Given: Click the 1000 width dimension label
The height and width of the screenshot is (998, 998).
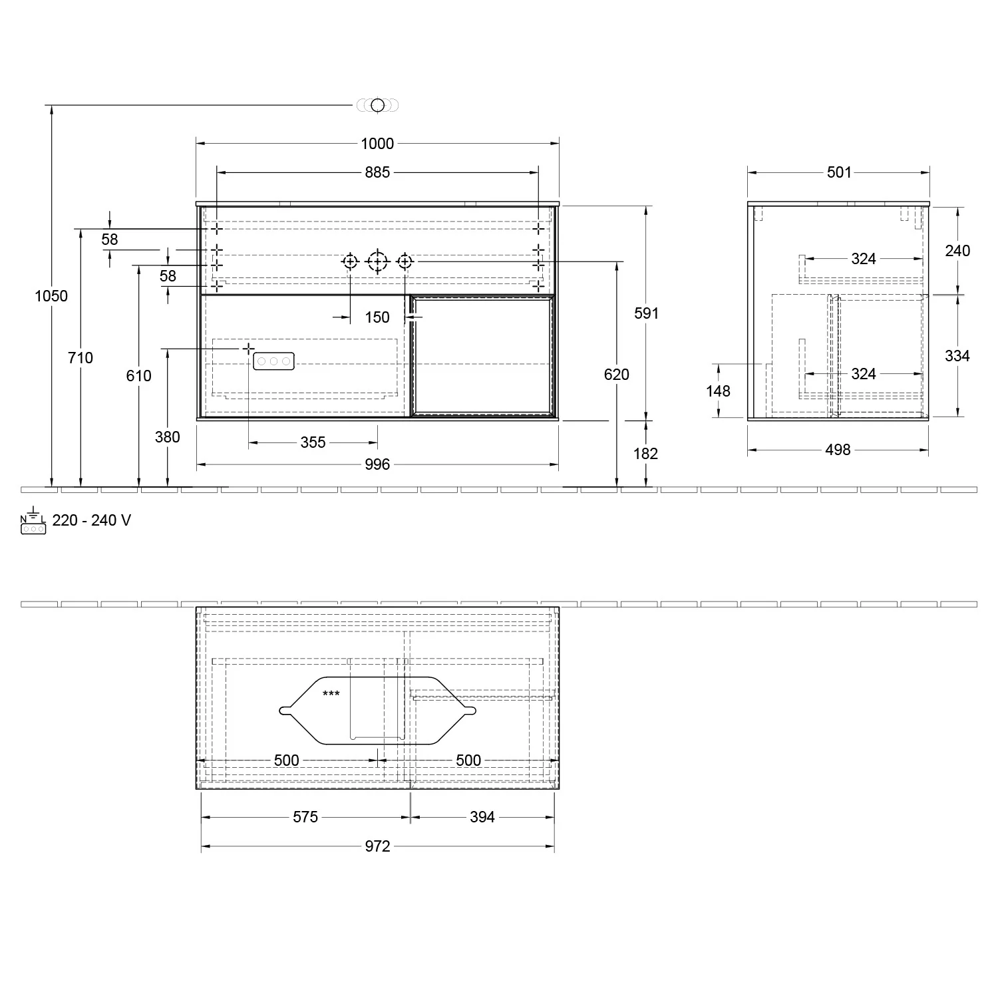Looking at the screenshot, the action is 377,144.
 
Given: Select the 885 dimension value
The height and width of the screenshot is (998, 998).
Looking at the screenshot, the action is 377,172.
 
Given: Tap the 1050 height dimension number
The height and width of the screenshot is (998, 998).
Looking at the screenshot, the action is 51,296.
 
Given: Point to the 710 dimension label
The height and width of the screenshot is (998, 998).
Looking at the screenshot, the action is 81,358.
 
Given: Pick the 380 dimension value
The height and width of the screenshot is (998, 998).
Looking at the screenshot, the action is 168,437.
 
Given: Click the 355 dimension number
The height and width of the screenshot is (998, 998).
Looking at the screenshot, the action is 313,442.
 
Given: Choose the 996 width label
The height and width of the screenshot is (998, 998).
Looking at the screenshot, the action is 377,464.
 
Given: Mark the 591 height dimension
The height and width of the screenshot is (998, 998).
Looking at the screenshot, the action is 646,313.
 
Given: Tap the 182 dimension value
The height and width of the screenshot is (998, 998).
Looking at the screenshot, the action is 646,454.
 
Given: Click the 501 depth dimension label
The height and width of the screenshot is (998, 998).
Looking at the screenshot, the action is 839,172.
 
